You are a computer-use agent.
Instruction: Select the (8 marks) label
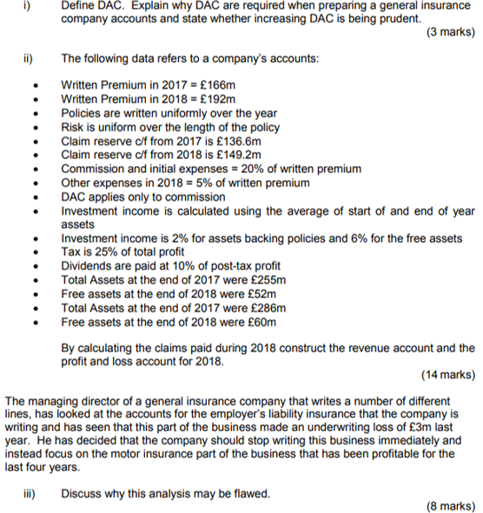pyautogui.click(x=451, y=507)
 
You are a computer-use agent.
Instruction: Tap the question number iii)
pyautogui.click(x=30, y=493)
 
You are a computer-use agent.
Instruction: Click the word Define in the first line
pyautogui.click(x=79, y=5)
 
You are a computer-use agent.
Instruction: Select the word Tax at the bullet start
pyautogui.click(x=71, y=252)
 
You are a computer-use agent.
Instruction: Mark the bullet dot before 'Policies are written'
pyautogui.click(x=34, y=114)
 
